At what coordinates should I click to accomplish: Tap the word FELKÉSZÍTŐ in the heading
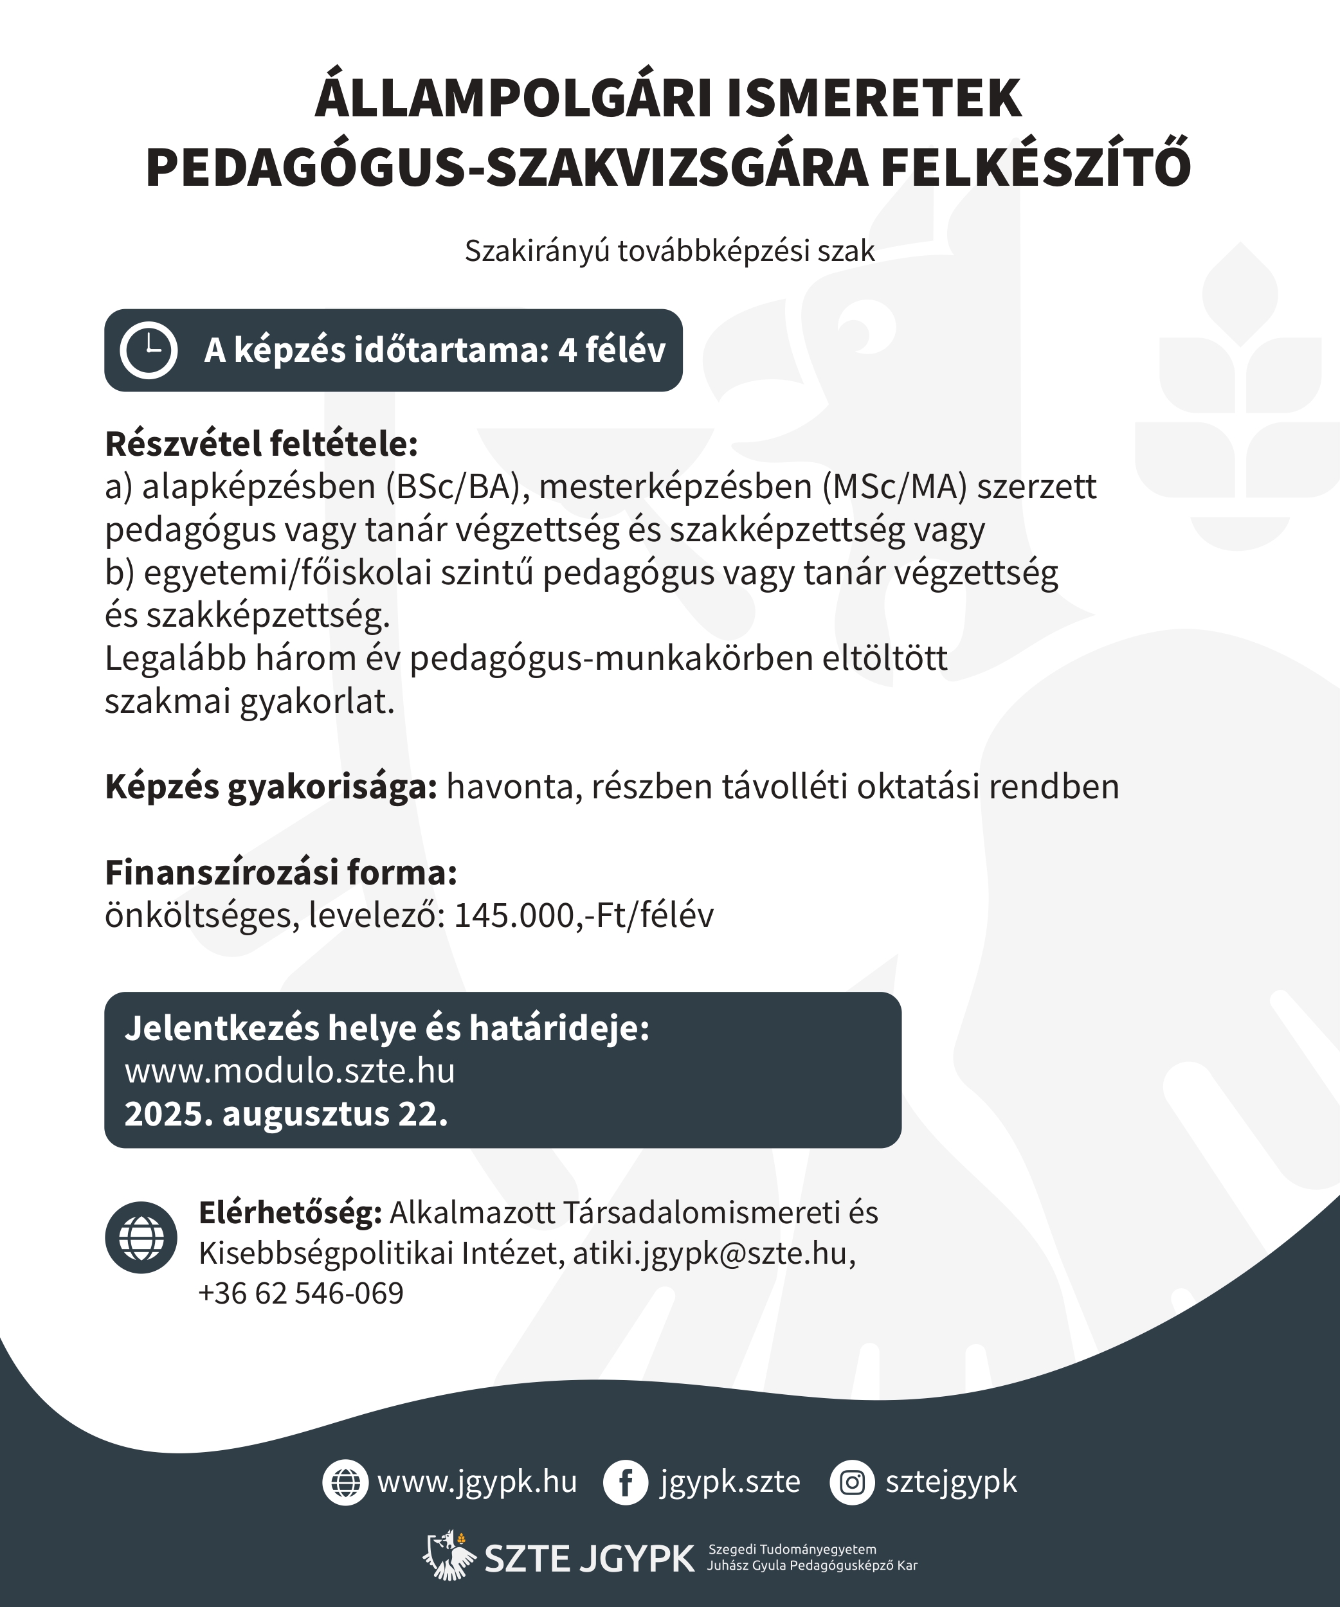click(x=1035, y=167)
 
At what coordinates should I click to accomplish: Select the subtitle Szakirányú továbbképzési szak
click(x=669, y=251)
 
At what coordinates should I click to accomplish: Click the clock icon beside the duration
click(x=149, y=350)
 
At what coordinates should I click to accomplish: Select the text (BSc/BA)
click(x=457, y=487)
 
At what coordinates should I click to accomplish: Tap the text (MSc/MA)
click(x=894, y=487)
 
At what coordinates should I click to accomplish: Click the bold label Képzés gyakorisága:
click(x=271, y=787)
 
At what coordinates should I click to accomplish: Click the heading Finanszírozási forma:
click(x=281, y=872)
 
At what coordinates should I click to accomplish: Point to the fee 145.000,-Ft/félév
click(x=584, y=915)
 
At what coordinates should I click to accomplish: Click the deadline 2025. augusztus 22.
click(x=286, y=1114)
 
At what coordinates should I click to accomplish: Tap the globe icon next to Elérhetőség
click(x=141, y=1237)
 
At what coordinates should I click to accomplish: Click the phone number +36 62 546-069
click(x=301, y=1293)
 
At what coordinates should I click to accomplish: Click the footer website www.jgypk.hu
click(x=476, y=1482)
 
